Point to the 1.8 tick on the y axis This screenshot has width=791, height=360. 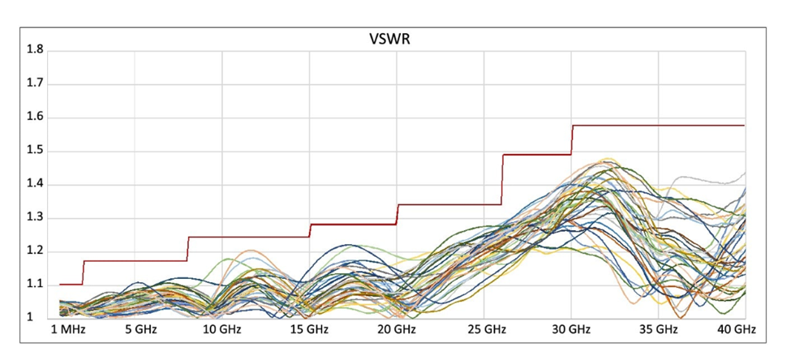coord(36,50)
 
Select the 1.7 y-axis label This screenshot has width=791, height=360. coord(36,84)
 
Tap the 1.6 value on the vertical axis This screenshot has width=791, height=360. coord(36,118)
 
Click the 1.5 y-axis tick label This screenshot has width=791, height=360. coord(36,151)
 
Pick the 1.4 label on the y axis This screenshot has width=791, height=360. coord(36,184)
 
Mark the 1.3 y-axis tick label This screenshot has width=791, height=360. coord(36,218)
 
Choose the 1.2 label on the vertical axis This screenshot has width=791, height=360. coord(36,251)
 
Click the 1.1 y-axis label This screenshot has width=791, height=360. coord(36,285)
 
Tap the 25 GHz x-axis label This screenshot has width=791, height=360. coord(484,331)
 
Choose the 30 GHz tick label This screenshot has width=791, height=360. coord(570,331)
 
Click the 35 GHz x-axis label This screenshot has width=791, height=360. coord(658,331)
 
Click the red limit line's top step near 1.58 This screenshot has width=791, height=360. coord(657,126)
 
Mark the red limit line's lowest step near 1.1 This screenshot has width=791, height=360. coord(71,284)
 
